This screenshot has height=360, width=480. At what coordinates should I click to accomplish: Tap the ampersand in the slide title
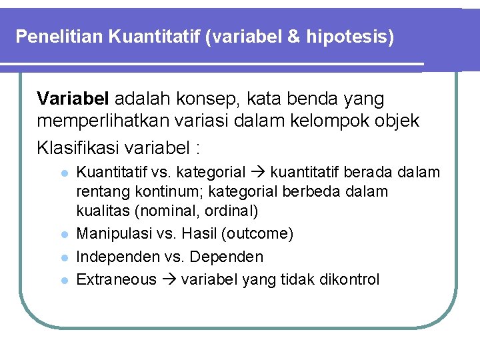click(294, 36)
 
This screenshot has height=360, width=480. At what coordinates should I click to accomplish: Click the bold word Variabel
click(73, 99)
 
